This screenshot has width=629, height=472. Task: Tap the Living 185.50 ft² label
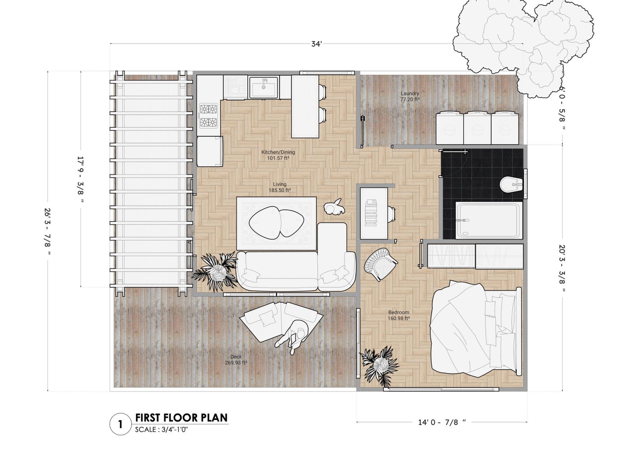tap(279, 187)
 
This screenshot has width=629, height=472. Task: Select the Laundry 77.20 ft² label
tap(410, 96)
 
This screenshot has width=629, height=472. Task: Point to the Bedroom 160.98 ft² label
tap(398, 315)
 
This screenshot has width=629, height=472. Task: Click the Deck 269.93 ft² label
tap(236, 359)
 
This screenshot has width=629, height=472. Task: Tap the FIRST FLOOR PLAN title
tap(181, 418)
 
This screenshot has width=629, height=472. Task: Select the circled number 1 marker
tap(120, 424)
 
